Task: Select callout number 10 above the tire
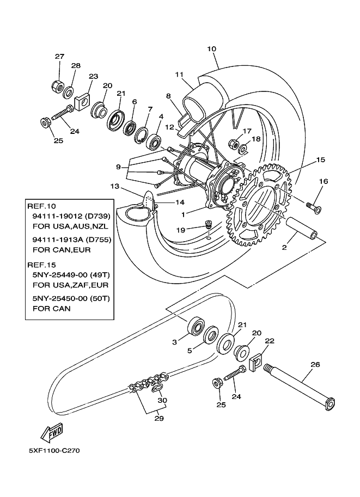pyautogui.click(x=211, y=49)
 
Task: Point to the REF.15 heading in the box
pyautogui.click(x=41, y=264)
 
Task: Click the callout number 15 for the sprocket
pyautogui.click(x=320, y=160)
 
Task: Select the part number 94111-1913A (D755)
pyautogui.click(x=71, y=238)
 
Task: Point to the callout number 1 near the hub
pyautogui.click(x=184, y=214)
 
